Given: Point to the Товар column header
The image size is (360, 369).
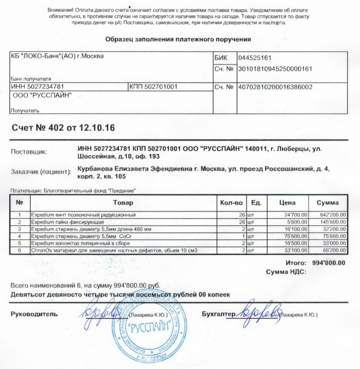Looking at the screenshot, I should pos(122,202).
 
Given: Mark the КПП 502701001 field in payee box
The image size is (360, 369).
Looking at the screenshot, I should pos(152,86).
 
